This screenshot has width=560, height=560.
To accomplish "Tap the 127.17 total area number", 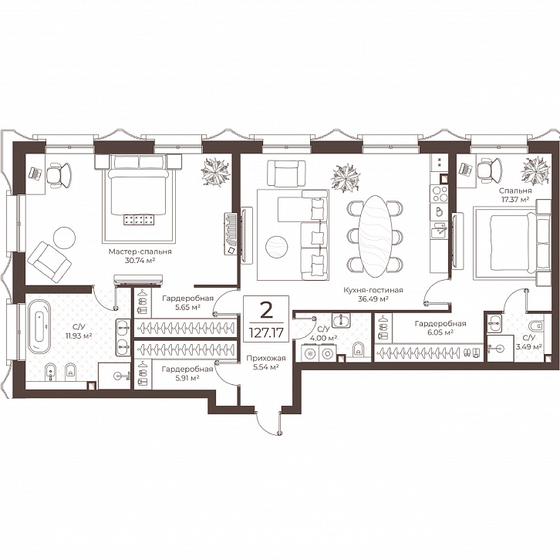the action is point(266,333).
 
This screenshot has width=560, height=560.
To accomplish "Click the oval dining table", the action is point(375,236).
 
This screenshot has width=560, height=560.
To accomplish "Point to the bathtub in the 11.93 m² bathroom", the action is point(39,327).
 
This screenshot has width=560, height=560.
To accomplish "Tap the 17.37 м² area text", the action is point(515,200).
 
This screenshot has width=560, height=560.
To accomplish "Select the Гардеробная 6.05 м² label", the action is point(440,328).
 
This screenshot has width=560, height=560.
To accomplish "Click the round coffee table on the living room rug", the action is point(277,247).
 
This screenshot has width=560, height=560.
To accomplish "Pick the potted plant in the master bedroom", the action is point(215,172).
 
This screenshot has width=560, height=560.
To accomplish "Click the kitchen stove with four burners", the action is point(440,194).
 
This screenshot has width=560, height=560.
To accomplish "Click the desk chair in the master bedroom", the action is point(59,175).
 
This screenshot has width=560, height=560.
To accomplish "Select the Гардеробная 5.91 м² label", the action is point(187,373).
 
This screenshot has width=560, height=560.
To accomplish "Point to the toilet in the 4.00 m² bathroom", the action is point(357,349).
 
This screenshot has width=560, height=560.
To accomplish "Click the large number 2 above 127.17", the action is point(266,310).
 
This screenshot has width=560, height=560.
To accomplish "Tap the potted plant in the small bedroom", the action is point(535,170).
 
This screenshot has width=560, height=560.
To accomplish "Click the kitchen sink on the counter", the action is point(438,231).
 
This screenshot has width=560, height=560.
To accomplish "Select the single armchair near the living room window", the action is point(286,174).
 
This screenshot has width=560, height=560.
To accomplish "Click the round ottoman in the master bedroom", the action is point(64,238).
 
